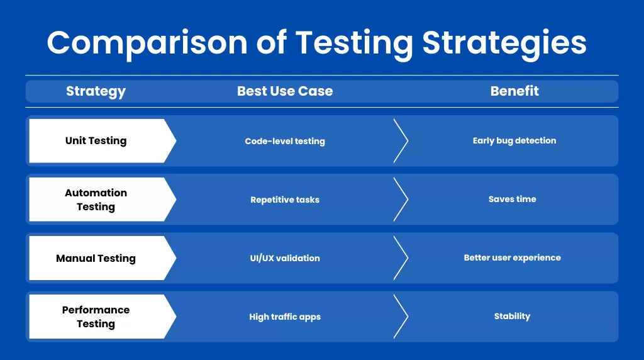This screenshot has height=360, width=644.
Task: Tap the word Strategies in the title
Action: point(504,43)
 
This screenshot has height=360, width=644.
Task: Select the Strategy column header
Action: point(96,91)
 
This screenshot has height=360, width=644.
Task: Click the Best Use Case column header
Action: point(285,91)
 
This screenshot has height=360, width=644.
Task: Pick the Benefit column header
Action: point(514,91)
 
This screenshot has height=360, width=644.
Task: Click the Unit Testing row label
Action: point(96,141)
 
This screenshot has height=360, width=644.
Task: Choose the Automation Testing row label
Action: point(96,200)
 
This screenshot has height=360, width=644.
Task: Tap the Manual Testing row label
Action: point(96,258)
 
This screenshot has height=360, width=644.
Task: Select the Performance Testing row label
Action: point(96,317)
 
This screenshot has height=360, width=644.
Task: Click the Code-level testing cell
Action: point(285,142)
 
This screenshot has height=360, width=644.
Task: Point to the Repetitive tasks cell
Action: point(285,200)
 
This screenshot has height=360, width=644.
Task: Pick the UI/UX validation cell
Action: point(285,258)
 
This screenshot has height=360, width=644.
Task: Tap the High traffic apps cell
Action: point(285,317)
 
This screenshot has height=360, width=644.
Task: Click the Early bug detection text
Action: point(514,141)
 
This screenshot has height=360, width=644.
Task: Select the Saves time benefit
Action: point(512,199)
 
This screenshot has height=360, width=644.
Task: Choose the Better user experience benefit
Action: point(512,257)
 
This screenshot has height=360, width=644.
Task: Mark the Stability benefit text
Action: point(512,316)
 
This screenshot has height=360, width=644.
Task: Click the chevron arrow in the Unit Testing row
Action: point(401,141)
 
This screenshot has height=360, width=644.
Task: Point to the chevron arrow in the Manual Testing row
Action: point(401,258)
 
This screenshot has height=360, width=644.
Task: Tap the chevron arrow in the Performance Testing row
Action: point(401,317)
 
